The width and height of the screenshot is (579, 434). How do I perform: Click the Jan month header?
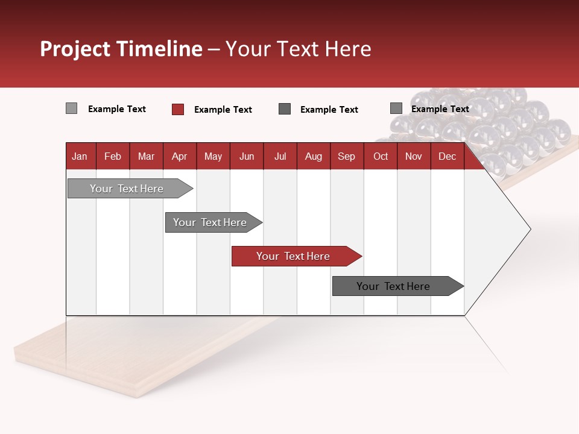click(x=80, y=156)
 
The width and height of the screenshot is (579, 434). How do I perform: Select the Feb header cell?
click(x=113, y=156)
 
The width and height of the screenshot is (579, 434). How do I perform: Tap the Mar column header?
click(x=146, y=156)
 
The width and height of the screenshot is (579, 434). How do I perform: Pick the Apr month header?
click(x=180, y=156)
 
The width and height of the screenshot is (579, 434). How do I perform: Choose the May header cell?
click(x=213, y=156)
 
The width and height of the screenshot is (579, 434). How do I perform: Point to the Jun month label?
click(x=247, y=156)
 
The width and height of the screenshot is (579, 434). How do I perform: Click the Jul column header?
click(x=280, y=156)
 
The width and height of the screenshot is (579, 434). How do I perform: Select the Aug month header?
click(x=314, y=156)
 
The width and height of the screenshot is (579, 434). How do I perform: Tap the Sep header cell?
click(x=347, y=156)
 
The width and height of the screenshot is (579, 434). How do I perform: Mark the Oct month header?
click(x=381, y=156)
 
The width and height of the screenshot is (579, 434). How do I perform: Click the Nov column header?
click(x=414, y=156)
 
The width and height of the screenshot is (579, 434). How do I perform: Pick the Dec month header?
click(x=448, y=156)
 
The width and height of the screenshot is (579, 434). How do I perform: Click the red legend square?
click(x=178, y=109)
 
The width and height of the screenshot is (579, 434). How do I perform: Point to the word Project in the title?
click(x=75, y=49)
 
